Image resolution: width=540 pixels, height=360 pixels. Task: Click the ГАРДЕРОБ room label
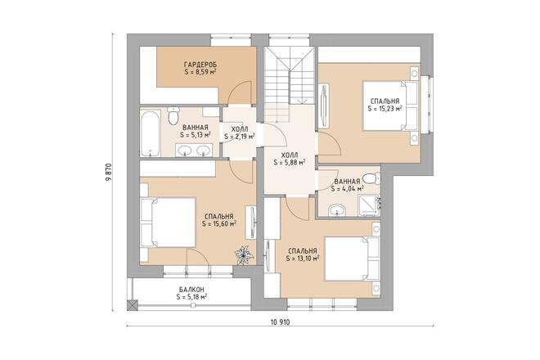(x=200, y=65)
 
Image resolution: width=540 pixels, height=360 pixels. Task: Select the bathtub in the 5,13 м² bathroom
(x=151, y=133)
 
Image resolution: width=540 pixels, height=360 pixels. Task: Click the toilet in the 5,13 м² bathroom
(x=173, y=115)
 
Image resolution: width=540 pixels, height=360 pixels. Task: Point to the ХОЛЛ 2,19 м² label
(x=240, y=133)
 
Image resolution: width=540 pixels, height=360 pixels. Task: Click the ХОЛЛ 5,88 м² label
(x=290, y=159)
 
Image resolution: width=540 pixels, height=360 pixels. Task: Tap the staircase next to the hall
(x=290, y=76)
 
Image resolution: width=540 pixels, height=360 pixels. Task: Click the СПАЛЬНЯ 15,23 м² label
(x=385, y=105)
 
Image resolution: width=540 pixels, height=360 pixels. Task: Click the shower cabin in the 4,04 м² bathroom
(x=369, y=205)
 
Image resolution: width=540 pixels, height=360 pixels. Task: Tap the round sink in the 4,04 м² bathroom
(x=336, y=209)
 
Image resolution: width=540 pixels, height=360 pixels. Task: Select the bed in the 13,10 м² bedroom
(x=352, y=259)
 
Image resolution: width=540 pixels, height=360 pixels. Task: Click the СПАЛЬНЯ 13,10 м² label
(x=303, y=254)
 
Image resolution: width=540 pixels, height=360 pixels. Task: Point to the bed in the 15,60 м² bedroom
(x=168, y=223)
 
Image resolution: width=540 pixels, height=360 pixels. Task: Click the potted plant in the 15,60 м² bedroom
(x=244, y=254)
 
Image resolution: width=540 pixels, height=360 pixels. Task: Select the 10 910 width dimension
(x=280, y=322)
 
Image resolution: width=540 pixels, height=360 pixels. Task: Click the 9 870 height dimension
(x=109, y=172)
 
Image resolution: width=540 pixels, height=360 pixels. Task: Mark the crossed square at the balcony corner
(x=133, y=305)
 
